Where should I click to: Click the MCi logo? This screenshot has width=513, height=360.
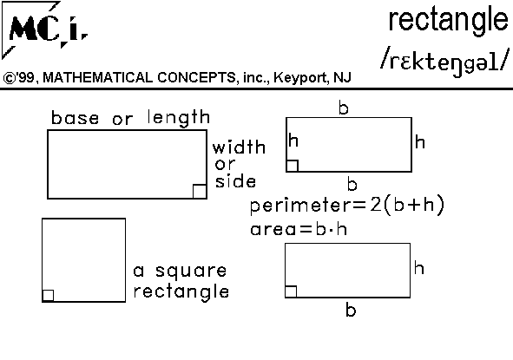pos(45,30)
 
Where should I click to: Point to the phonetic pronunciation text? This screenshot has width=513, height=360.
pos(445,62)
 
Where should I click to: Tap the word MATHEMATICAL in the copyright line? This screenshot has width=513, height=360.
pos(98,77)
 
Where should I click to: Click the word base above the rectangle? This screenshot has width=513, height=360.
pos(75,118)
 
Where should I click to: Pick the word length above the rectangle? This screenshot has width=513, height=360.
pos(179,118)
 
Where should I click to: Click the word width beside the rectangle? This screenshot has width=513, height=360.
pos(239,147)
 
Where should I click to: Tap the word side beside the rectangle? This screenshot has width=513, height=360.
pos(235,180)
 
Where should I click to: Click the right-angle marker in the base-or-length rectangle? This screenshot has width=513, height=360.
pos(200,192)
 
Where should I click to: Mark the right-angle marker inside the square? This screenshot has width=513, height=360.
pos(48,296)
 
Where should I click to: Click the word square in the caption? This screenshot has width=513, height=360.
pos(191,272)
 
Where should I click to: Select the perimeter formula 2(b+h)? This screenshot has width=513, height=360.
pos(407,205)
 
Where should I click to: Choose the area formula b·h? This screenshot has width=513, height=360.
pos(331,228)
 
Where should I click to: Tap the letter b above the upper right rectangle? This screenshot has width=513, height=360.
pos(344,108)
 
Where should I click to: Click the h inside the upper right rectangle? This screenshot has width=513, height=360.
pos(293,141)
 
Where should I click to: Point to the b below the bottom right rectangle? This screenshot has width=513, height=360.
pos(351,310)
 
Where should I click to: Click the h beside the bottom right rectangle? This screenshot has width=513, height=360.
pos(419,267)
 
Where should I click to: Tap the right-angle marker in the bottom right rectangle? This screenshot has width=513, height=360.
pos(291,291)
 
